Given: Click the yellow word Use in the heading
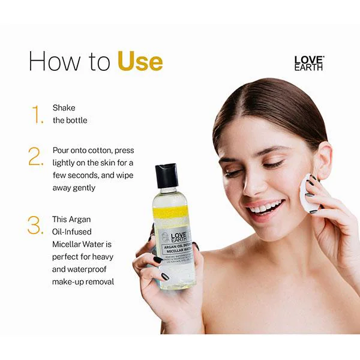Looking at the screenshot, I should coord(140,62).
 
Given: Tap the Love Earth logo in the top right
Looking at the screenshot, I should coord(308,63).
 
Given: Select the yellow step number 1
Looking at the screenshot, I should coord(38,114).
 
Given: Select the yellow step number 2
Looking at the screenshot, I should coord(36,157).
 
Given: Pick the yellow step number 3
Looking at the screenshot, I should coord(36,226).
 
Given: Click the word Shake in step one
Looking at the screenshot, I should coord(64,108).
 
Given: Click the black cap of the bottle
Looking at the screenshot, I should coord(167,175).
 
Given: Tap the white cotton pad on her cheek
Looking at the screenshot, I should coord(308,193).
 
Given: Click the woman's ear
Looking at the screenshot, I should coord(323,161).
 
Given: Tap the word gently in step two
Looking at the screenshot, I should coord(82,187).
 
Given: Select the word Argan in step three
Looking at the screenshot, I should coord(79,219).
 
